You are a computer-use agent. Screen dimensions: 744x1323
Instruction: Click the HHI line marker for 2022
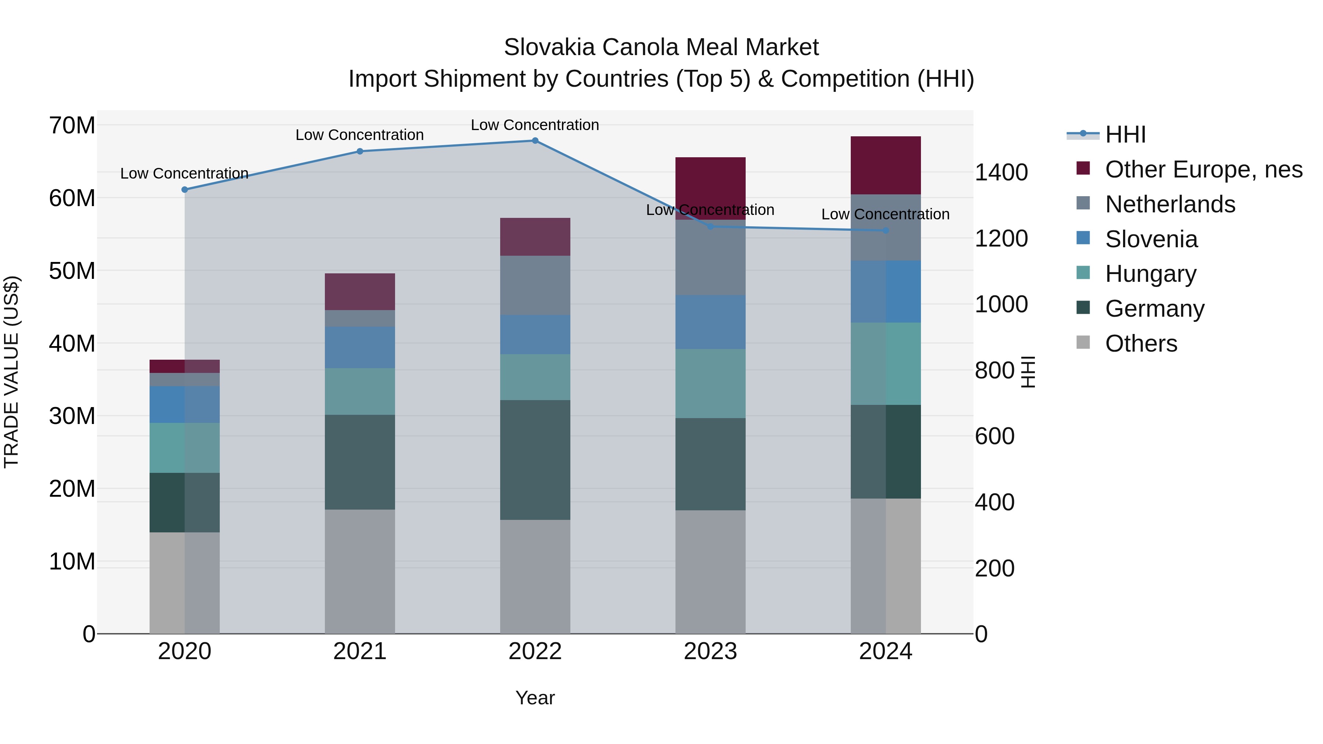pos(535,141)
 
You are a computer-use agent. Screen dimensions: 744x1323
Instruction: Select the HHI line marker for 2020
pos(185,190)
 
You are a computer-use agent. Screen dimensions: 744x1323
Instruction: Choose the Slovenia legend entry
pos(1151,239)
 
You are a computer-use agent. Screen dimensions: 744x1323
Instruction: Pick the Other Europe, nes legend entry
pos(1203,169)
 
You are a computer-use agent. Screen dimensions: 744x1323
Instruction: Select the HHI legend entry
pos(1125,134)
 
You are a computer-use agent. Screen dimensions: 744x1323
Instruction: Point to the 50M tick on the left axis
pos(72,270)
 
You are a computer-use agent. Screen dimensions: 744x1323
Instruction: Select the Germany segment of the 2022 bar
pos(535,460)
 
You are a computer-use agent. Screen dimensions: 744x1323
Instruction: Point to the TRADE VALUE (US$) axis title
pos(11,372)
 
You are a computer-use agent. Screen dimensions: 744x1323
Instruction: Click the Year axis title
pos(535,698)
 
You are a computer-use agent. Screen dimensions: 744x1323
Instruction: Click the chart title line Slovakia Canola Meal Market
pos(661,47)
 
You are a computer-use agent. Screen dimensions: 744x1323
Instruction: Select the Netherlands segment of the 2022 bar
pos(535,285)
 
